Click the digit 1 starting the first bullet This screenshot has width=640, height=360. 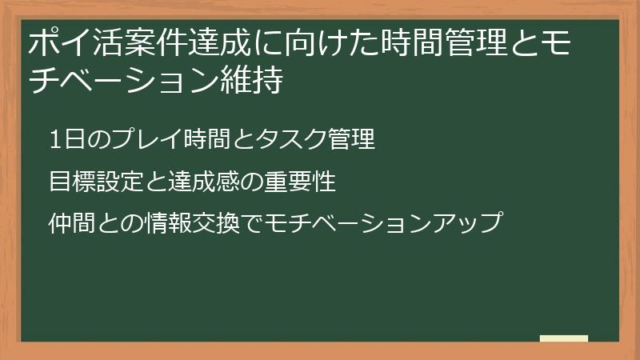pos(54,139)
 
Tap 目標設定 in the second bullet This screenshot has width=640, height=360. pos(86,182)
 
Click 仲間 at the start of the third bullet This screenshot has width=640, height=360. pos(68,223)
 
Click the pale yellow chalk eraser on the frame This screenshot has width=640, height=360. pos(564,339)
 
